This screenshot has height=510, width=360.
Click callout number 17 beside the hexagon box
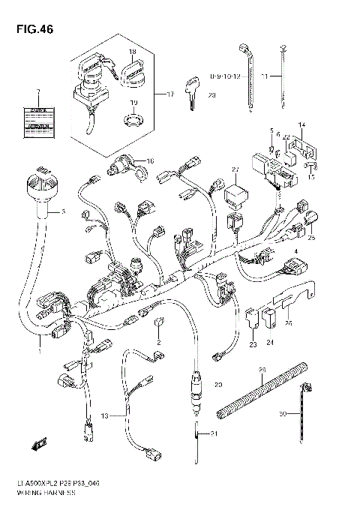coord(169,94)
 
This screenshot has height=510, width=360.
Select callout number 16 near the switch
coord(149,160)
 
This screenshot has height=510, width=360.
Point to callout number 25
coord(311,238)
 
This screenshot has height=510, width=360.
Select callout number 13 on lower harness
coord(104,415)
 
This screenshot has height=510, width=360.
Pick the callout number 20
coord(218,385)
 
